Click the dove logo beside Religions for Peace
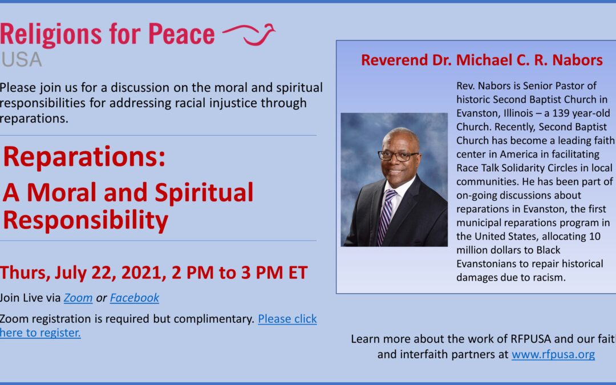(249, 34)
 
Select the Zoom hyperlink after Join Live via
(78, 298)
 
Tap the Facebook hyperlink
(135, 298)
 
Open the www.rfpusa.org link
(553, 354)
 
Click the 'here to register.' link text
(40, 333)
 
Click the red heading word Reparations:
(84, 157)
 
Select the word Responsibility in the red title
(86, 220)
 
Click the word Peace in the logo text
(181, 34)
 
